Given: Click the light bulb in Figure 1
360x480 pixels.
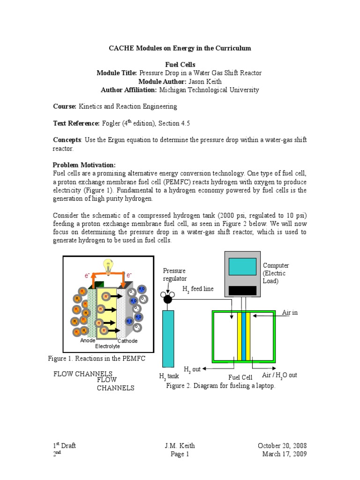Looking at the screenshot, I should [108, 267].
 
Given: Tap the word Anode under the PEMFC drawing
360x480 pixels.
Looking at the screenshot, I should [88, 341].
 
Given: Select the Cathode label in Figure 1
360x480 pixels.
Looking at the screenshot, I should [127, 341].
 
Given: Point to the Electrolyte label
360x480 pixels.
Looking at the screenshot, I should [107, 346].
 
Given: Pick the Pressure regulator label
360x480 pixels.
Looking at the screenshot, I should [174, 275].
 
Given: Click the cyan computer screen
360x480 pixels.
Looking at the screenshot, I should [242, 267].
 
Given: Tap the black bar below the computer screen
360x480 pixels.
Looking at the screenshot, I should [242, 291].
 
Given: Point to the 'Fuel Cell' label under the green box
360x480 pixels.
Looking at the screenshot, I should [240, 377].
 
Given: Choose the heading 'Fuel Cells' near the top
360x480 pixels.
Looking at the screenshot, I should [180, 64].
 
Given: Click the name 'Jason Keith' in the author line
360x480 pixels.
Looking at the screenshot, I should [204, 81].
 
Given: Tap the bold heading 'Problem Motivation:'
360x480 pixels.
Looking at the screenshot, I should [84, 165].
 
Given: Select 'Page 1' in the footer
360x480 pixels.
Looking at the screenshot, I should [180, 454].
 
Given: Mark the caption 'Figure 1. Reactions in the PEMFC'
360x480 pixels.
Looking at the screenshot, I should [97, 359].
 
